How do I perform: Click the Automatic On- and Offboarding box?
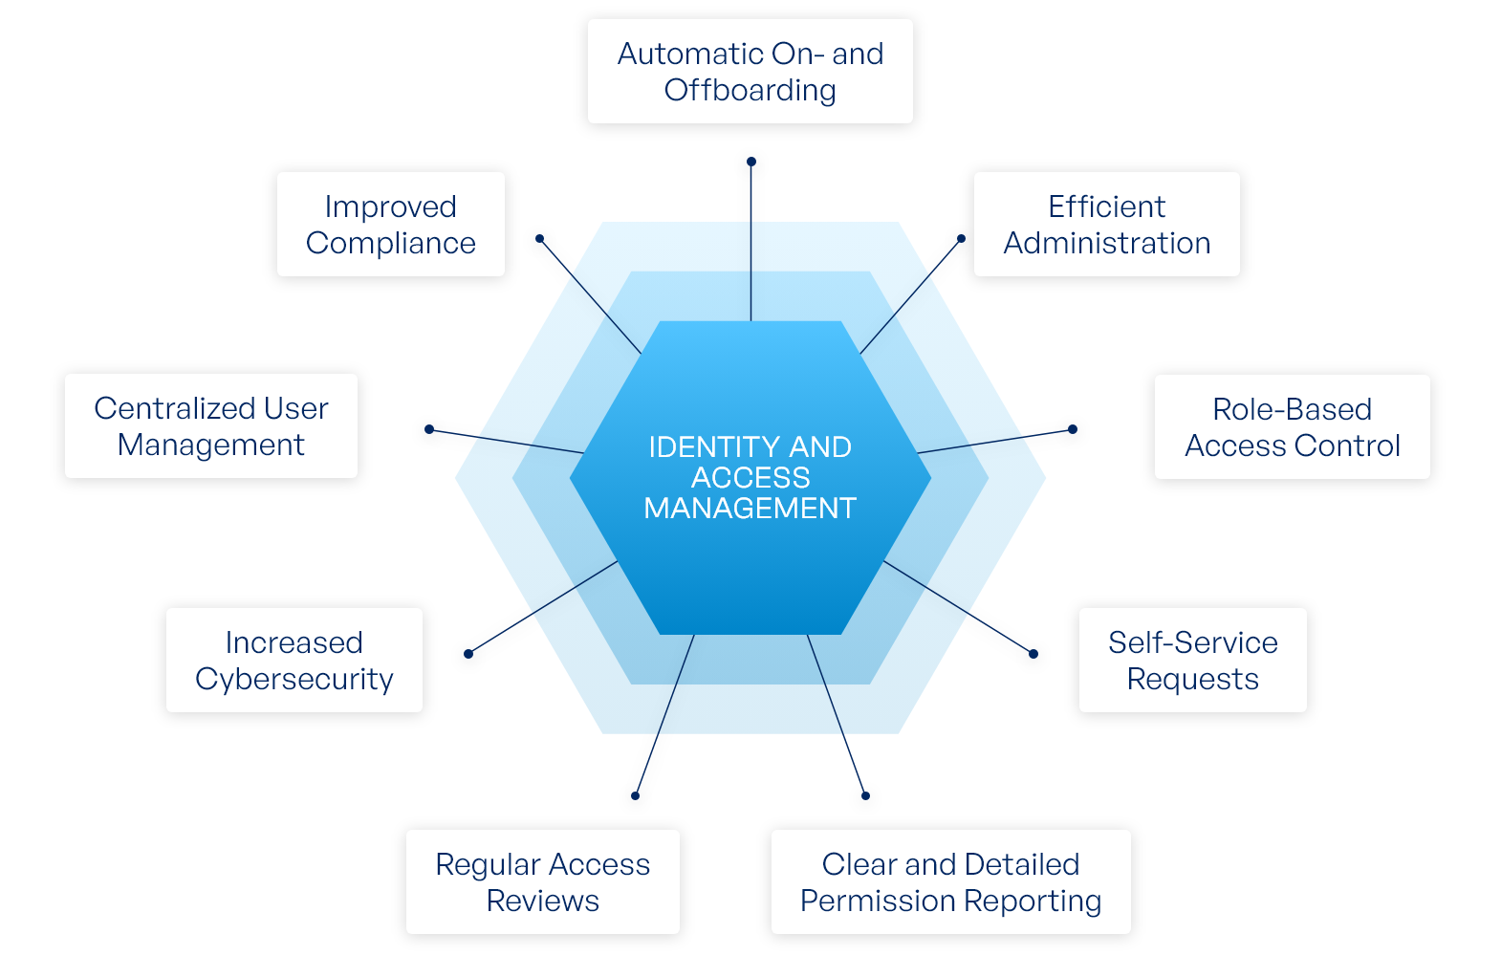tap(750, 72)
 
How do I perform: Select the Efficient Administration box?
tap(1106, 225)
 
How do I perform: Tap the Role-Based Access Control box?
tap(1292, 427)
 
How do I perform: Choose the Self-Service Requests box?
tap(1192, 661)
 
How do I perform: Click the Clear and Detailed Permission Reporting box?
tap(950, 882)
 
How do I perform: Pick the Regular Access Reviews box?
tap(542, 882)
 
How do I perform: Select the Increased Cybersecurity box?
tap(294, 661)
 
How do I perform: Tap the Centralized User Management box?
tap(210, 426)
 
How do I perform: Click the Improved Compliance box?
tap(390, 225)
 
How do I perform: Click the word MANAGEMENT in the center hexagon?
tap(750, 508)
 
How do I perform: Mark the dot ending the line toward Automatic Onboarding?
tap(751, 162)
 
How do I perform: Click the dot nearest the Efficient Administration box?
tap(961, 239)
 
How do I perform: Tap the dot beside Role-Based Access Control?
tap(1073, 429)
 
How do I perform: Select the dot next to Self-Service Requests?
tap(1033, 654)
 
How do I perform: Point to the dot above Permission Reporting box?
tap(865, 795)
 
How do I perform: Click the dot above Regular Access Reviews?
tap(635, 795)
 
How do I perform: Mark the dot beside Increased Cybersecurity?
tap(468, 654)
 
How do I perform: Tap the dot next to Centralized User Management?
tap(429, 429)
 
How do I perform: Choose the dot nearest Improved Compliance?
tap(539, 239)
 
